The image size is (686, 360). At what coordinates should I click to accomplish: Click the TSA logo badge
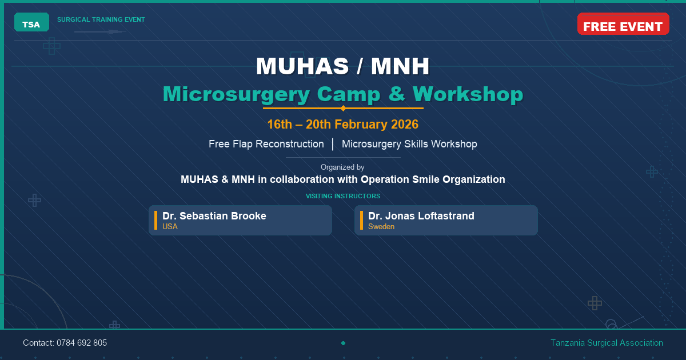coord(31,23)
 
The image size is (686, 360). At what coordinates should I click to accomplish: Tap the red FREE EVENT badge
coord(623,26)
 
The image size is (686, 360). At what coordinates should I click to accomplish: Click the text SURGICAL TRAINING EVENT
coord(101,19)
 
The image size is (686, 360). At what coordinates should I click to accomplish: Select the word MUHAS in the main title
coord(302,66)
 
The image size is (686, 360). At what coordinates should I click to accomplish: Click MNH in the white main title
coord(400,66)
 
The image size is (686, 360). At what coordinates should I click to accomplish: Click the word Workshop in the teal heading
coord(468,94)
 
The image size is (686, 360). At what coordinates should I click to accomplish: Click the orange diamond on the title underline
coord(343,108)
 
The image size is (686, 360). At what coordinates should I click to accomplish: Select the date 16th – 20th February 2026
coord(343,125)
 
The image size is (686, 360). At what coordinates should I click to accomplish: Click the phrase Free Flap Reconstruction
coord(266,144)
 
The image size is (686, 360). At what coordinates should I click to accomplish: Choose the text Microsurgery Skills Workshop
coord(409,144)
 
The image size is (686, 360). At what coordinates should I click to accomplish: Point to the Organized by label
coord(343,167)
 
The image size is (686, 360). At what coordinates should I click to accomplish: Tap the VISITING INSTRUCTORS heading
coord(343,196)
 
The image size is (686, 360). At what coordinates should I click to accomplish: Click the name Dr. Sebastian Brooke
coord(214,216)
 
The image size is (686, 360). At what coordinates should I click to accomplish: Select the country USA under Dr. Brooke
coord(170,227)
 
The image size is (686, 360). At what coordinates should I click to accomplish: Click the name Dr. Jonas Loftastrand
coord(421,216)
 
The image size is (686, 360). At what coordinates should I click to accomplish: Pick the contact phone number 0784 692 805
coord(82,343)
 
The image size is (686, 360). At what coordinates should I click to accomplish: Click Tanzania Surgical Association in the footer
coord(607,343)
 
